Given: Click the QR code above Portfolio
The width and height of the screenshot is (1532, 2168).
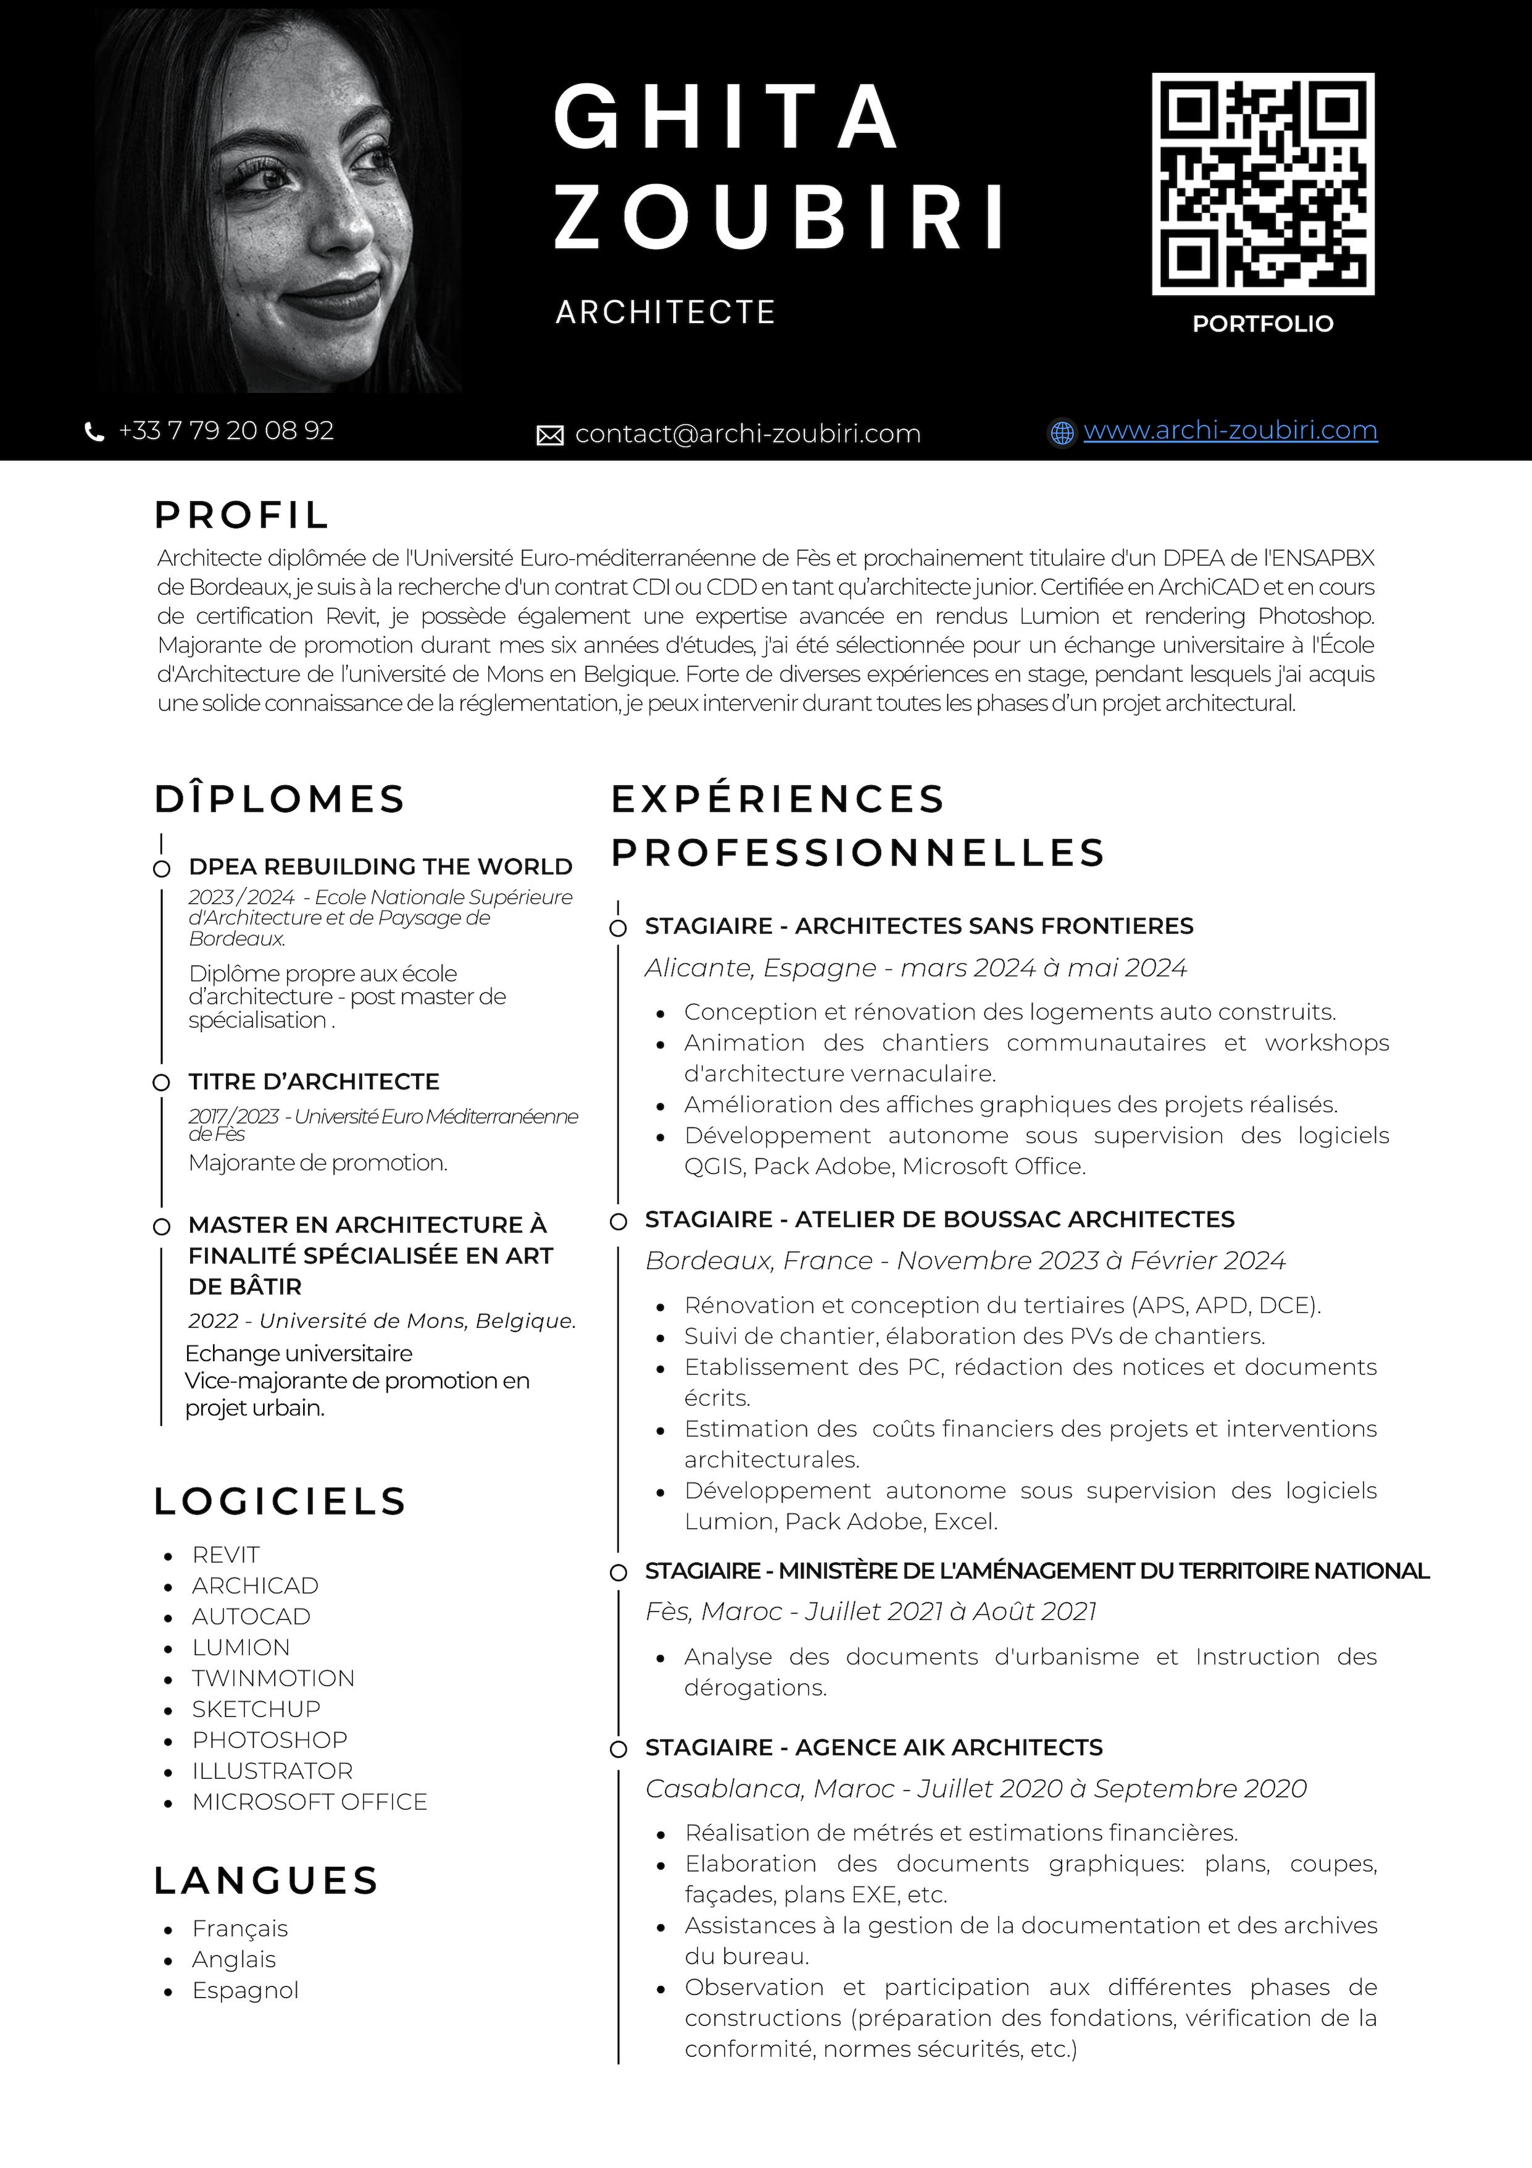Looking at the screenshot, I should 1262,184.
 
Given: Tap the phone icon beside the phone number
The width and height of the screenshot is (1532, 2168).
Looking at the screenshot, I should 94,432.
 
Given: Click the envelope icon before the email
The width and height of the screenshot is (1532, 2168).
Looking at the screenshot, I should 550,436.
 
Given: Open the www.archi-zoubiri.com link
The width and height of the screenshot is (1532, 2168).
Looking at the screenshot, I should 1230,431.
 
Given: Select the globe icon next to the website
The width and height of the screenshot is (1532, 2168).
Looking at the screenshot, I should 1062,432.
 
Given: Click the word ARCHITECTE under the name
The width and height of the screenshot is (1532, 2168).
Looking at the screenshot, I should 666,311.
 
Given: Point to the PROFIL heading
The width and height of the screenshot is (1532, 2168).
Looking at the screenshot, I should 241,515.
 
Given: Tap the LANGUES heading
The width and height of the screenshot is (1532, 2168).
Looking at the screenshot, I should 266,1881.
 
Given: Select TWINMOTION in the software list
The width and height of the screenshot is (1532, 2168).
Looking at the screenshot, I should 273,1678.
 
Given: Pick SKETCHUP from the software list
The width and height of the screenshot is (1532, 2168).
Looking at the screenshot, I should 256,1709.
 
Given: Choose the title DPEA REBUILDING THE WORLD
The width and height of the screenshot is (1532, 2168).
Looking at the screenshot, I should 380,867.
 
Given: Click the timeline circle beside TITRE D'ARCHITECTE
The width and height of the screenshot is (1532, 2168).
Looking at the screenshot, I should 161,1082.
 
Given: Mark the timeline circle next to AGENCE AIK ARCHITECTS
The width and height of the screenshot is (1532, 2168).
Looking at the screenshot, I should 618,1748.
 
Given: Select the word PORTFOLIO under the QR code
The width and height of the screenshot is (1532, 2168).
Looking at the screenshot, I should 1262,324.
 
